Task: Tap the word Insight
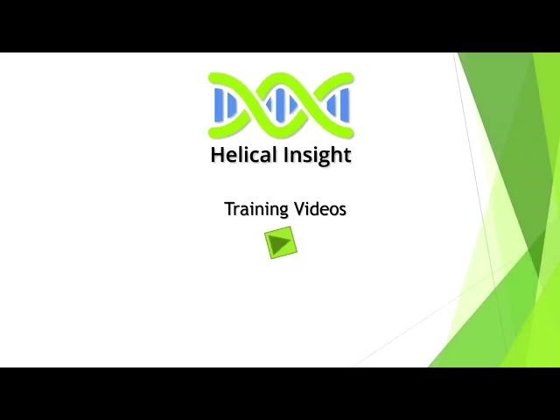tap(318, 156)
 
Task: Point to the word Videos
tap(320, 208)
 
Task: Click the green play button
tap(281, 242)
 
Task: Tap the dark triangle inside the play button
tap(280, 243)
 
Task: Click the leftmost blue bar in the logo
tap(219, 105)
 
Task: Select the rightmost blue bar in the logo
tap(345, 105)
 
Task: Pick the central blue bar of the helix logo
tap(280, 105)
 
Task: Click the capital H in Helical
tap(218, 154)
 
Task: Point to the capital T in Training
tap(230, 209)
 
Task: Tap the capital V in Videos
tap(301, 209)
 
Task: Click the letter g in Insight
tap(327, 158)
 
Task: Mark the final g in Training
tap(283, 212)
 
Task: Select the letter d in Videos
tap(317, 209)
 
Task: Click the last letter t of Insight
tap(347, 156)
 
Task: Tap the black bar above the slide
tap(280, 26)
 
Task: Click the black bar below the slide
tap(280, 394)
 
